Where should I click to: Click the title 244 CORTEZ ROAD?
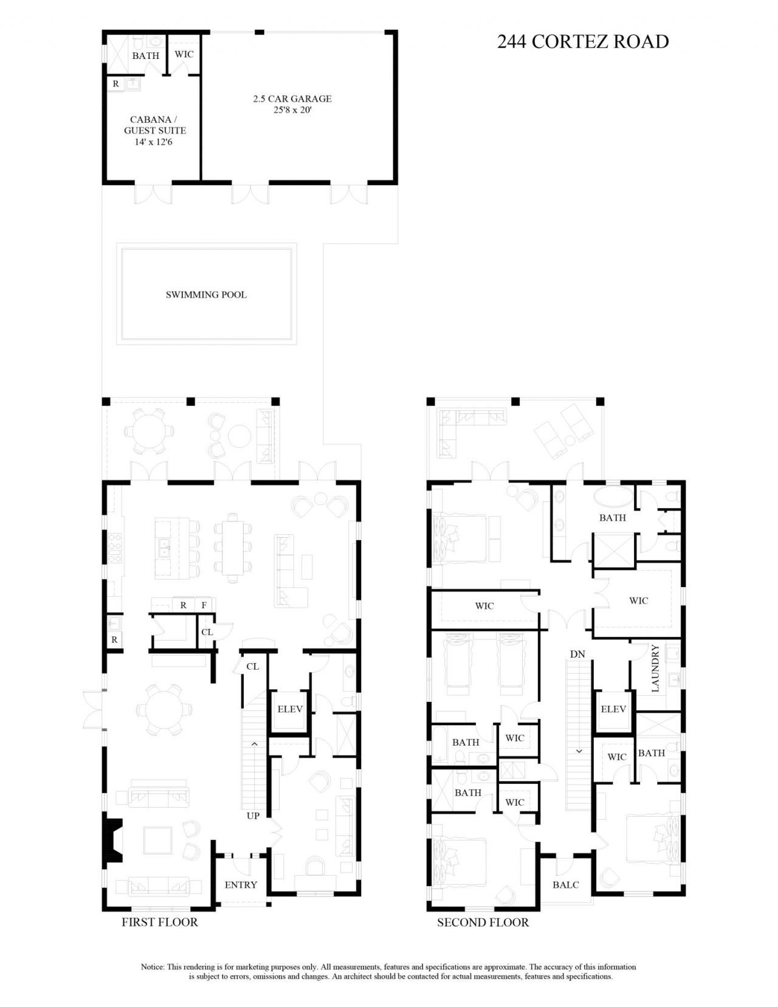[x=582, y=41]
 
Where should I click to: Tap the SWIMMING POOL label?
[x=206, y=295]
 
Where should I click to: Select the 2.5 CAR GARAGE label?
[x=292, y=98]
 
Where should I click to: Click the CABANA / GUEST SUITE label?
[x=155, y=125]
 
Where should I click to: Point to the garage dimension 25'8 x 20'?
[x=292, y=111]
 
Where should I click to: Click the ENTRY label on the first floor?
[x=241, y=885]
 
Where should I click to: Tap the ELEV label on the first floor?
[x=290, y=709]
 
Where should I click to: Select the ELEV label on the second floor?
[x=613, y=709]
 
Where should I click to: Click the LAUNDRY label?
[x=655, y=668]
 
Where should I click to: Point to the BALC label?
[x=565, y=885]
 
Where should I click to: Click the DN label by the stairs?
[x=577, y=654]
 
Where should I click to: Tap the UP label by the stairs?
[x=253, y=816]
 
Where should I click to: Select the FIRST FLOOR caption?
[x=160, y=922]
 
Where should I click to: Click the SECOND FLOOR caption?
[x=483, y=923]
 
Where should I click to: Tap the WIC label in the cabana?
[x=184, y=54]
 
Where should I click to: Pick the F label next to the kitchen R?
[x=204, y=605]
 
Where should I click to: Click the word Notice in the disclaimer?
[x=152, y=966]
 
